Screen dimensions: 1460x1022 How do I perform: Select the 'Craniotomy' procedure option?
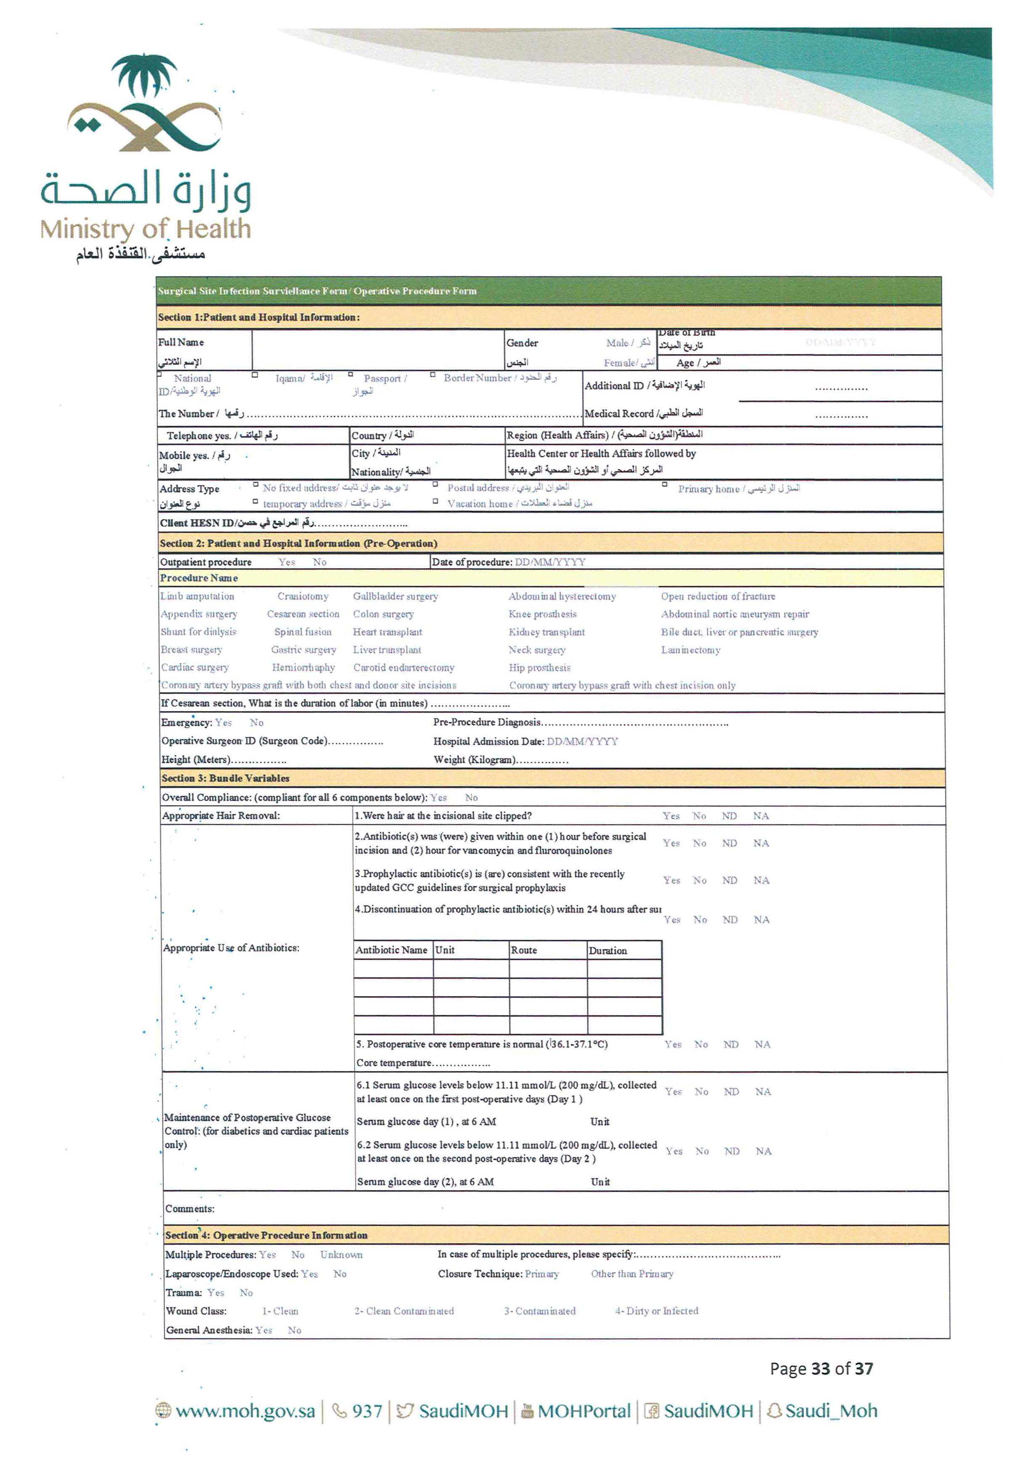(303, 596)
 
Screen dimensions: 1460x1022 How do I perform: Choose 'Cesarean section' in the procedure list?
(303, 614)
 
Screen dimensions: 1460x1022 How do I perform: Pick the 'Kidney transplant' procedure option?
(546, 632)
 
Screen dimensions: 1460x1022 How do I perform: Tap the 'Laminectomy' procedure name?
(690, 650)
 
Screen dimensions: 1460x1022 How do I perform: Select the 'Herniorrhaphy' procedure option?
(303, 668)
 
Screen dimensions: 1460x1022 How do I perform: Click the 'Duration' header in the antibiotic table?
(607, 951)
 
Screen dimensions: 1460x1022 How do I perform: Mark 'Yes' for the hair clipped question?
(671, 816)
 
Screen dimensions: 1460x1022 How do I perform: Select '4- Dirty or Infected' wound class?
(656, 1311)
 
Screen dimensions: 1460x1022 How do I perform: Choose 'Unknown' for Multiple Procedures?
(341, 1255)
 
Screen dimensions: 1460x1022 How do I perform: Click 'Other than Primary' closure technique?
(632, 1274)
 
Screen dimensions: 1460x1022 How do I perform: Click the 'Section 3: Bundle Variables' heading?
(225, 778)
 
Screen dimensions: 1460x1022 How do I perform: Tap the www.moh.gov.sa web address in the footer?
(245, 1411)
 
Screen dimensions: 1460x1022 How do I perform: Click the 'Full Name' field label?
(181, 342)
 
